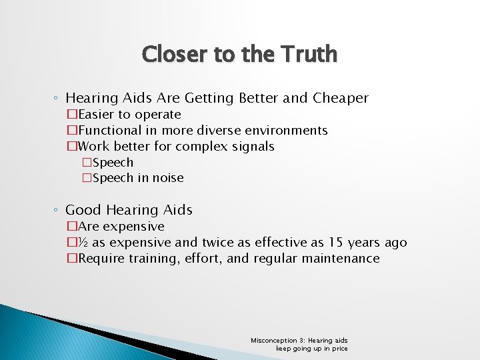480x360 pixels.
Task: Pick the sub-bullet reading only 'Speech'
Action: coord(113,163)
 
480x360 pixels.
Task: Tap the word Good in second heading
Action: coord(83,210)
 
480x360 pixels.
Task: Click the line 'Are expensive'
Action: coord(121,227)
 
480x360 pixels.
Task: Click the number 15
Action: coord(337,243)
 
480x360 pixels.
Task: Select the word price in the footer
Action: coord(339,349)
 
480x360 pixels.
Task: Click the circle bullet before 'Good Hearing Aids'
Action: coord(57,211)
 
